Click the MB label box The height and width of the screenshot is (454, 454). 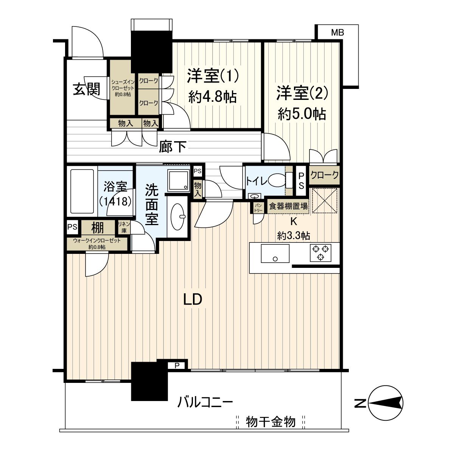click(337, 33)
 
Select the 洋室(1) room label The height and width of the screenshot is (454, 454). click(212, 76)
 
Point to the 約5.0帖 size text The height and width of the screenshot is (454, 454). click(302, 113)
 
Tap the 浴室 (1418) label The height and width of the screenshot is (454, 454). click(115, 193)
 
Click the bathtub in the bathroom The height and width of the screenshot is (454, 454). click(82, 191)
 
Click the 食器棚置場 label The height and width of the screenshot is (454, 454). click(288, 207)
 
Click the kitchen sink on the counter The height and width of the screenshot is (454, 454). click(275, 253)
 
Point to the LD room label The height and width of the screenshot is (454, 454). click(193, 299)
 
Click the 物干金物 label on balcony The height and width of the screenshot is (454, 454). click(271, 421)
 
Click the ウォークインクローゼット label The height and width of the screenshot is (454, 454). click(97, 244)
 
